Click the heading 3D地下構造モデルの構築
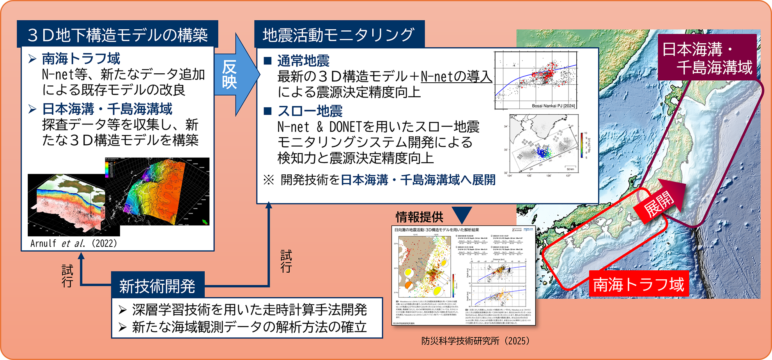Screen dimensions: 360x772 [117, 35]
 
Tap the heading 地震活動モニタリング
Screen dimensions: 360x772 [338, 35]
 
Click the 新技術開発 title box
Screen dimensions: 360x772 [157, 286]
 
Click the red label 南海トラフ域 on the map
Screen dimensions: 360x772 [638, 284]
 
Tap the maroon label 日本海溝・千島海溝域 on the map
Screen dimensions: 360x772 [707, 58]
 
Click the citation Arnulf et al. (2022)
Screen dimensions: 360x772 [74, 243]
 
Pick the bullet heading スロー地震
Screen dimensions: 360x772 [310, 111]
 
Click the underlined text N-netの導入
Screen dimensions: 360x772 [456, 76]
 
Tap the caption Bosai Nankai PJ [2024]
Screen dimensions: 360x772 [553, 106]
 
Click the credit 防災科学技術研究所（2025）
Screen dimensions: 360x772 [475, 340]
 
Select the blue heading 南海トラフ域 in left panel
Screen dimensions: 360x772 [81, 59]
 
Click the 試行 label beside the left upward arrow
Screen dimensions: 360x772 [67, 276]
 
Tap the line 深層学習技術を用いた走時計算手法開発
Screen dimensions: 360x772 [249, 310]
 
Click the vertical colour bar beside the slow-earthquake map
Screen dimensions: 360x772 [582, 145]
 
